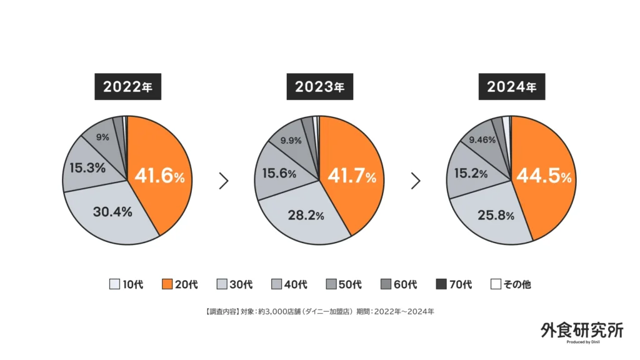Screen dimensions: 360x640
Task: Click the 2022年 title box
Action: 127,87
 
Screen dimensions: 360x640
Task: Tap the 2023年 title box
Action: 319,87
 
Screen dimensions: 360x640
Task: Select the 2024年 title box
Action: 512,87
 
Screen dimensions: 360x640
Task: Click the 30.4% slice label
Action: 112,212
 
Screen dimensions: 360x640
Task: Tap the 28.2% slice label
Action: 304,216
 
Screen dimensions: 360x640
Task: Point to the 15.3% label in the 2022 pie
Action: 87,168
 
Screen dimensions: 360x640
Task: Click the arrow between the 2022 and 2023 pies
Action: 224,181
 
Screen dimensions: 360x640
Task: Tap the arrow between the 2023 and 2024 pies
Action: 416,181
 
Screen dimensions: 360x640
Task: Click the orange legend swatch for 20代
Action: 167,284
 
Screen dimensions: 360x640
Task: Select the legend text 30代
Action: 242,284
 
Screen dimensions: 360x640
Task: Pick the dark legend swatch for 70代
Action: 441,284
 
